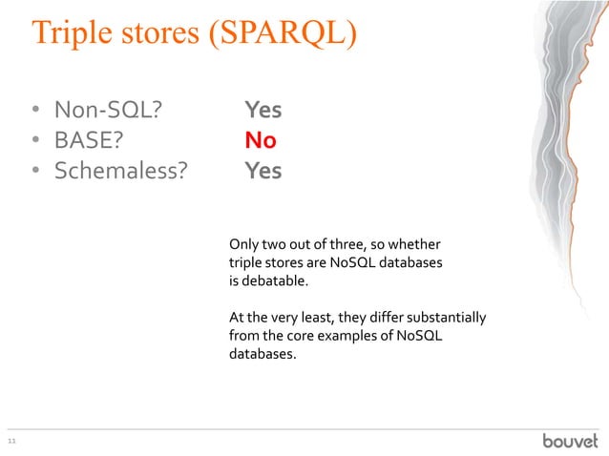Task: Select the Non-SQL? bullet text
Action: coord(106,110)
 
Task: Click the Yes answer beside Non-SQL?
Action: coord(262,110)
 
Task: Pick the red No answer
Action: coord(260,140)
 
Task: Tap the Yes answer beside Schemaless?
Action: coord(262,171)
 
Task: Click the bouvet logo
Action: coord(570,440)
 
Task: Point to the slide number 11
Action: coord(12,441)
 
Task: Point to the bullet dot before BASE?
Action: coord(32,141)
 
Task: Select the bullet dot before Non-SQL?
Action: coord(32,111)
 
